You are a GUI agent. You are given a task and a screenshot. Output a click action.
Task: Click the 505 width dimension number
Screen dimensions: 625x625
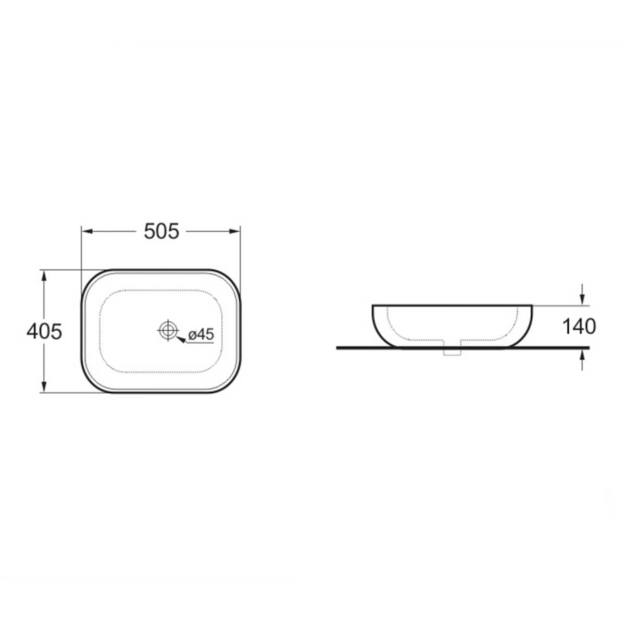161,232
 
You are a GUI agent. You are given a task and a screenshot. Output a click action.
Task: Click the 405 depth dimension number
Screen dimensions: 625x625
44,332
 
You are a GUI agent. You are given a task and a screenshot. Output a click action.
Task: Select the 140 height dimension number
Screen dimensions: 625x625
579,327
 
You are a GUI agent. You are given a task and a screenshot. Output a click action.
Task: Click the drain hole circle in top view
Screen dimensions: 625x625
168,330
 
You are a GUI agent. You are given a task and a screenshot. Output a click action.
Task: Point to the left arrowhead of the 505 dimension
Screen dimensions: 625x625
87,231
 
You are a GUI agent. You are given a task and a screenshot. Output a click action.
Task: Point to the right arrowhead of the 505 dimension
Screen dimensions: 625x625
234,231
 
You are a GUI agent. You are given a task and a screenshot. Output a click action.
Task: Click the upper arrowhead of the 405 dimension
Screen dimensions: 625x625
44,276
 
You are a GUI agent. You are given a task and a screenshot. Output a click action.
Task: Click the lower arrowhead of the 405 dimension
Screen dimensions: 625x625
44,387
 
